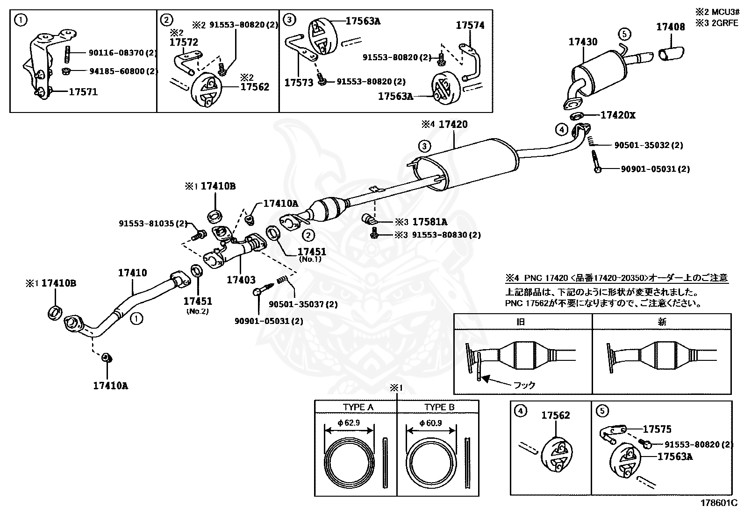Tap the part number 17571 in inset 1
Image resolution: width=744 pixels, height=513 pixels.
pyautogui.click(x=83, y=92)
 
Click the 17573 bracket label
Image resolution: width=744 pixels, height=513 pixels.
pyautogui.click(x=299, y=83)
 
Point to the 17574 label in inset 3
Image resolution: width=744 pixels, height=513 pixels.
pyautogui.click(x=470, y=26)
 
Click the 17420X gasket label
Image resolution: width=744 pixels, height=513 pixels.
pyautogui.click(x=618, y=115)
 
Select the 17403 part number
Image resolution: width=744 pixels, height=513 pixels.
pyautogui.click(x=241, y=280)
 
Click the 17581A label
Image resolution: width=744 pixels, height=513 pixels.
pyautogui.click(x=429, y=222)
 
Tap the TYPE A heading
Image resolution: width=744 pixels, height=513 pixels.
pyautogui.click(x=358, y=407)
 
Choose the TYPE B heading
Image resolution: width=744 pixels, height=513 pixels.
pyautogui.click(x=439, y=407)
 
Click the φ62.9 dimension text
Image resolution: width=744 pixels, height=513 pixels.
pyautogui.click(x=348, y=423)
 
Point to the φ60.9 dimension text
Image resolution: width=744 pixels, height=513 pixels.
pyautogui.click(x=430, y=423)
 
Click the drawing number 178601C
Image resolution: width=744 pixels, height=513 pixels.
pyautogui.click(x=718, y=503)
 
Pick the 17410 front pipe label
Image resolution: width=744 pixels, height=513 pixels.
pyautogui.click(x=132, y=273)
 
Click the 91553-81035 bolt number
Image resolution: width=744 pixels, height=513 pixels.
pyautogui.click(x=152, y=224)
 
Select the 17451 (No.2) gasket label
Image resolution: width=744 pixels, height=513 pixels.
pyautogui.click(x=197, y=302)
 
